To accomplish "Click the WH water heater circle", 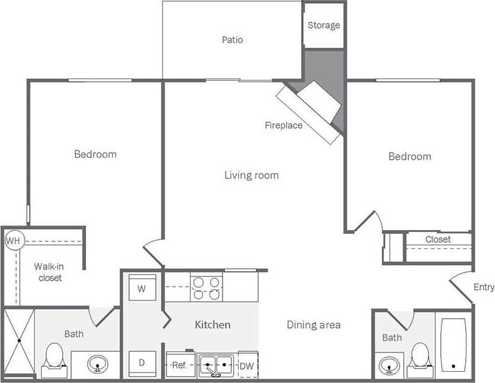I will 13,240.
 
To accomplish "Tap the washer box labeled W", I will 142,289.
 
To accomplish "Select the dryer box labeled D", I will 142,362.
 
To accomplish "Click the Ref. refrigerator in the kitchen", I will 180,365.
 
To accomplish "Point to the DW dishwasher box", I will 247,366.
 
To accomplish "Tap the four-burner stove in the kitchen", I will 206,288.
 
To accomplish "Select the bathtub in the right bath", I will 454,344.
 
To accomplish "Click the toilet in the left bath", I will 54,357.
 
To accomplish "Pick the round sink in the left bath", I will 97,364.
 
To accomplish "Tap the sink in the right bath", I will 390,364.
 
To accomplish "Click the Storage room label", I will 324,26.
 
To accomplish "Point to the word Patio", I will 232,40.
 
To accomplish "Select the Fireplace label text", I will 283,125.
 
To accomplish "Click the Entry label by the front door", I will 483,287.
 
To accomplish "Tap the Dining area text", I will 313,324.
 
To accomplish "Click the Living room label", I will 251,175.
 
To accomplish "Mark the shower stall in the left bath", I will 18,342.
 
